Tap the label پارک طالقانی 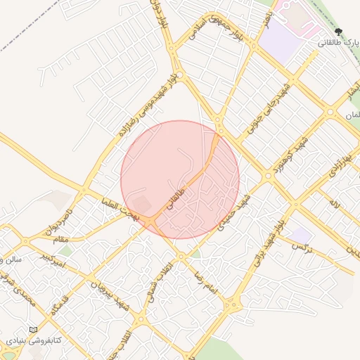(x=337, y=43)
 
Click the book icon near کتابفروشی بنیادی (x=33, y=330)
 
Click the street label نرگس (x=301, y=247)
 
